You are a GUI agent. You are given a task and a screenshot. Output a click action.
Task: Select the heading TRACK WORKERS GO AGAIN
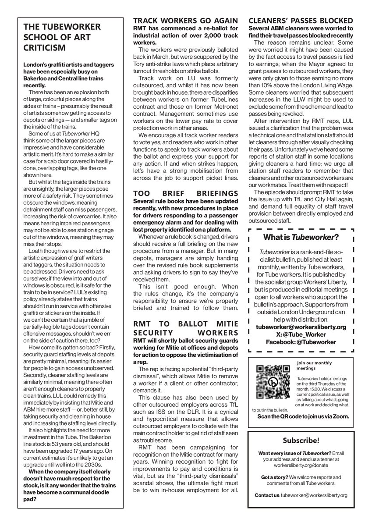point(186,20)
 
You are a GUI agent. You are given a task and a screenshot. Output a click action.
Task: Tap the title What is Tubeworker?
point(300,238)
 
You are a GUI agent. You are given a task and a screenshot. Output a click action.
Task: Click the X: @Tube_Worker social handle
point(300,334)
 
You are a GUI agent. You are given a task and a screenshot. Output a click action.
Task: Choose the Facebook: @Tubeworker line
point(300,342)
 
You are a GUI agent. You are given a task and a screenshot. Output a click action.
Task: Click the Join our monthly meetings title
point(314,366)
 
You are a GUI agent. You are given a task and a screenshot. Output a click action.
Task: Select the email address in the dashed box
point(300,327)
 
